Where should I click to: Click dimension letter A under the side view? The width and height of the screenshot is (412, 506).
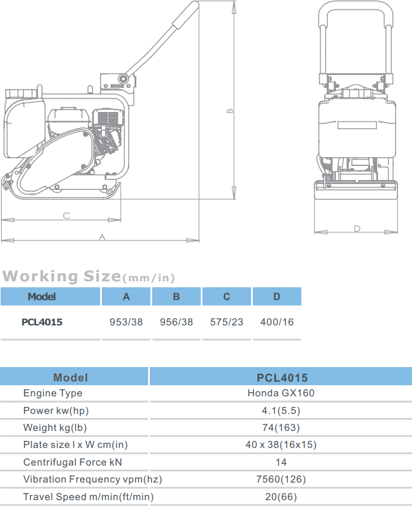click(102, 237)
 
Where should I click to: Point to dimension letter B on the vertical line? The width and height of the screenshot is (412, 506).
click(230, 110)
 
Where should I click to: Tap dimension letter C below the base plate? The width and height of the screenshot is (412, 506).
click(66, 216)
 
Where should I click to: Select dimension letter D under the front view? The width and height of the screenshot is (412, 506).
click(357, 228)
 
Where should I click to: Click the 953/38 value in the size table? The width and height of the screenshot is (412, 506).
click(126, 322)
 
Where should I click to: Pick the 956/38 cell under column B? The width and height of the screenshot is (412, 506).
click(176, 322)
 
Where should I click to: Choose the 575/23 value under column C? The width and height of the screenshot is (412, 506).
click(226, 322)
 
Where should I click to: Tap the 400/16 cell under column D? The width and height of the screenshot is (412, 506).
click(277, 322)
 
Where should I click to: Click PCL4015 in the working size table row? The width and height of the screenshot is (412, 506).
click(42, 322)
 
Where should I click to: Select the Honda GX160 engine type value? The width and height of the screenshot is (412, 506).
click(281, 393)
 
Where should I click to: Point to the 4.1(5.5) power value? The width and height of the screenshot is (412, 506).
click(281, 410)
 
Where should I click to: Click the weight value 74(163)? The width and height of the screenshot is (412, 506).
click(281, 427)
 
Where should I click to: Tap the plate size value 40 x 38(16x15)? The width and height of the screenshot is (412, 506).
click(281, 444)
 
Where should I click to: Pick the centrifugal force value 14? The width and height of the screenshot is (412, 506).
click(281, 462)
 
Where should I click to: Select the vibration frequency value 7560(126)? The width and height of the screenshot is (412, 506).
click(281, 479)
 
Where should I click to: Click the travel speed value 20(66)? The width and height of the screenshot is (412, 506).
click(281, 497)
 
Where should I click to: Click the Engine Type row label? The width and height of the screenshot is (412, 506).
click(53, 393)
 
